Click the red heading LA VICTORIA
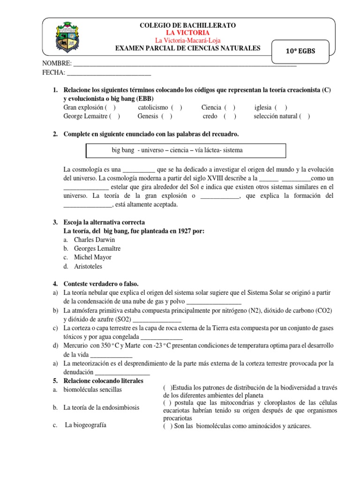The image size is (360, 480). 188,33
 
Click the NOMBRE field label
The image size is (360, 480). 57,63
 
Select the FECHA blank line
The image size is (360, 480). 109,73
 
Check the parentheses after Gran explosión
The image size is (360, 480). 111,107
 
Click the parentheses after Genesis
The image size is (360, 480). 167,116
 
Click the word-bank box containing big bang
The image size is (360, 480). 186,150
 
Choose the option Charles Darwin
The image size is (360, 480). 94,240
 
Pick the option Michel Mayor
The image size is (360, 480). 93,257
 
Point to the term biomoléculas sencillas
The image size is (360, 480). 92,390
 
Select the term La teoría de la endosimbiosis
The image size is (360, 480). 101,407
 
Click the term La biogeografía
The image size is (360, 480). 86,425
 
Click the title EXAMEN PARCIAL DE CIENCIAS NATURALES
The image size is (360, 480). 187,48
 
